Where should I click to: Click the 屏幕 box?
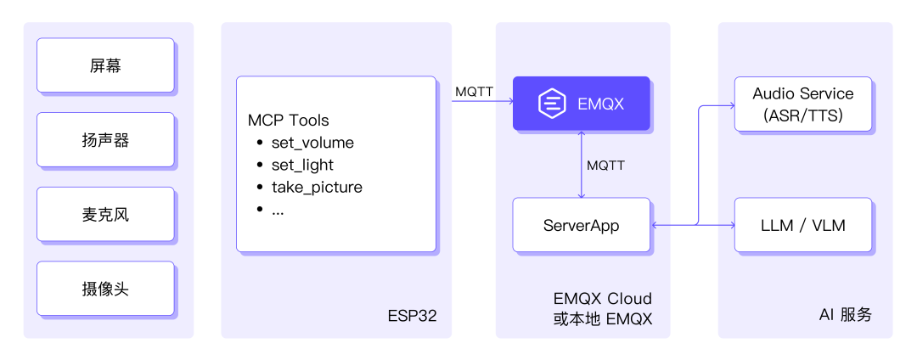[x=105, y=65]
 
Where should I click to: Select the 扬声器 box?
[x=105, y=140]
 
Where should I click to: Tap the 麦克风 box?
[x=105, y=215]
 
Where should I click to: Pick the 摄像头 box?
[x=105, y=289]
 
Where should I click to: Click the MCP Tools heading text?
[x=289, y=121]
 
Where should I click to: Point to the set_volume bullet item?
[x=305, y=143]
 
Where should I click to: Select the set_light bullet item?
[x=295, y=166]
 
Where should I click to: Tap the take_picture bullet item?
[x=309, y=188]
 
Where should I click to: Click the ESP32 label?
[x=412, y=316]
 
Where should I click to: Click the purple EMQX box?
[x=582, y=104]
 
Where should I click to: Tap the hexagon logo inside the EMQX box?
[x=552, y=104]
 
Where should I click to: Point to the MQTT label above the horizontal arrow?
[x=474, y=92]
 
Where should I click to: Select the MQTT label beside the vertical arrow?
[x=605, y=166]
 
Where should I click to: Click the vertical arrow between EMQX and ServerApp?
[x=581, y=164]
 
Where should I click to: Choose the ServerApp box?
[x=582, y=225]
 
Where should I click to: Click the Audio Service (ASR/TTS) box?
[x=803, y=104]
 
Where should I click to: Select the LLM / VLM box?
[x=803, y=225]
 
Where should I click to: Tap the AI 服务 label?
[x=845, y=316]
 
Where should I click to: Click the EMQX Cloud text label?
[x=602, y=299]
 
